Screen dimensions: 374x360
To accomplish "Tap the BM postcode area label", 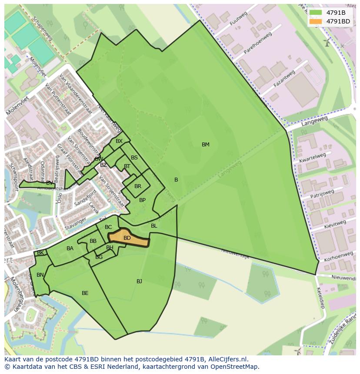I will click(x=206, y=145).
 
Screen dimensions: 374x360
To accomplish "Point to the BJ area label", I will click(x=139, y=281).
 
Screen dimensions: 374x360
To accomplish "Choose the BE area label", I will click(x=85, y=293).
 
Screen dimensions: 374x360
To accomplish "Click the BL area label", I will click(x=154, y=226).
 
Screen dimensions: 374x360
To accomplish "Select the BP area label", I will click(x=142, y=200).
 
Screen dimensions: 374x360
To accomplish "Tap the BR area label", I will click(x=138, y=186).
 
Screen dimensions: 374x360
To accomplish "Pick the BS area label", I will click(x=134, y=158).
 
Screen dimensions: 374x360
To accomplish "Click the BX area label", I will click(x=119, y=141).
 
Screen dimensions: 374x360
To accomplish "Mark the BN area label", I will click(x=40, y=275).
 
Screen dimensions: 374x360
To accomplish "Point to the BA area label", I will click(x=70, y=248).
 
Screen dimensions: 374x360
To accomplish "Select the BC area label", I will click(x=108, y=227).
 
